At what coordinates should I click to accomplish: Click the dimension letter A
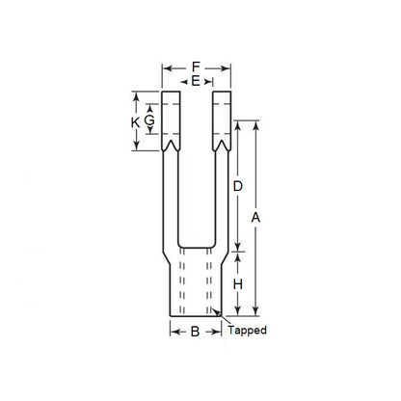pyautogui.click(x=255, y=219)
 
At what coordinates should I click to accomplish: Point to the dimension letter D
pyautogui.click(x=237, y=185)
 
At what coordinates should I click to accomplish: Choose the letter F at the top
pyautogui.click(x=196, y=67)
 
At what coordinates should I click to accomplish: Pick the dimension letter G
pyautogui.click(x=148, y=122)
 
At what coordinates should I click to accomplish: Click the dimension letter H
pyautogui.click(x=237, y=284)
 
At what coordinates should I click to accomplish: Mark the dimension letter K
pyautogui.click(x=135, y=122)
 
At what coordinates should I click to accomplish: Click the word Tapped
pyautogui.click(x=246, y=331)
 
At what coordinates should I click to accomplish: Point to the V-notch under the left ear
pyautogui.click(x=172, y=145)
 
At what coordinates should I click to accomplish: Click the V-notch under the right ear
pyautogui.click(x=222, y=145)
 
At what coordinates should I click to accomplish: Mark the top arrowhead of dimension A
pyautogui.click(x=255, y=124)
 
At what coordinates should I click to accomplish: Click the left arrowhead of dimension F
pyautogui.click(x=165, y=67)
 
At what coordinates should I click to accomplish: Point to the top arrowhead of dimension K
pyautogui.click(x=135, y=96)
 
